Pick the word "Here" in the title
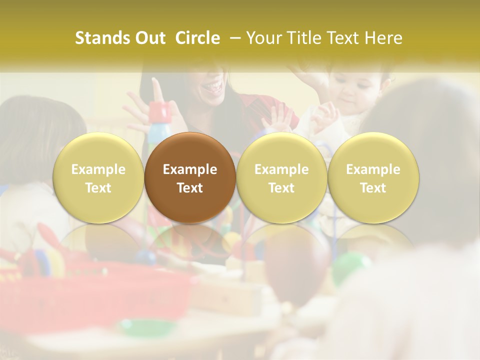[x=382, y=38]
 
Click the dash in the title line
[x=235, y=38]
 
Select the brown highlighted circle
[x=190, y=178]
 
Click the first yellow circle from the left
[x=98, y=178]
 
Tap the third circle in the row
[x=281, y=178]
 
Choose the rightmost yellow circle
[x=373, y=178]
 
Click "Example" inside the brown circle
[x=190, y=169]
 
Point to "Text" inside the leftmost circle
[x=98, y=188]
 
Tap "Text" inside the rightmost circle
[x=373, y=188]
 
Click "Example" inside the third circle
[x=281, y=169]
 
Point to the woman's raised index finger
[x=156, y=89]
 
